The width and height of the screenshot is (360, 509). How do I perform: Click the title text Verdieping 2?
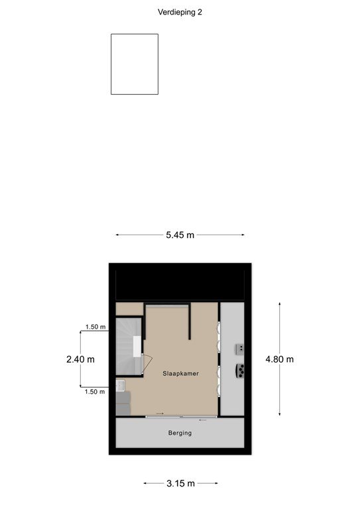(x=180, y=13)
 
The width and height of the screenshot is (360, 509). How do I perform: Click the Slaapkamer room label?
(x=180, y=374)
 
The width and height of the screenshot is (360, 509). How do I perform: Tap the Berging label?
(x=180, y=433)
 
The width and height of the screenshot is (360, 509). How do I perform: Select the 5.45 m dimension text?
(x=180, y=235)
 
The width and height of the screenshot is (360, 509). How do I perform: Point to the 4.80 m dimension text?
(x=280, y=359)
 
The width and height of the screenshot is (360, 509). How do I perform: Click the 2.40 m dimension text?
(x=80, y=359)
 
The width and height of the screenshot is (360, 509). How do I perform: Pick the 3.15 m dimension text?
(x=180, y=483)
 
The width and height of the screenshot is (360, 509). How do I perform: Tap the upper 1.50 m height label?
(x=95, y=327)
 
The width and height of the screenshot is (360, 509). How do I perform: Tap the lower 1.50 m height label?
(x=95, y=392)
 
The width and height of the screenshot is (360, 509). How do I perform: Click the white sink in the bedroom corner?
(x=120, y=385)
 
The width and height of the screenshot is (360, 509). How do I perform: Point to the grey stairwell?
(x=129, y=347)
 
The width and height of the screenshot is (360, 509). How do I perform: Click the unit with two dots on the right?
(x=240, y=349)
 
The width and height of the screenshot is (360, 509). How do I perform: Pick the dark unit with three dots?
(x=240, y=370)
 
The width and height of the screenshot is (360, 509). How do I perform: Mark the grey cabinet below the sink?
(x=123, y=403)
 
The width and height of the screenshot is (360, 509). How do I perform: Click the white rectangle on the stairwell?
(x=137, y=347)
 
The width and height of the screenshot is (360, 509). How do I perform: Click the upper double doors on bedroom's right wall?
(x=219, y=337)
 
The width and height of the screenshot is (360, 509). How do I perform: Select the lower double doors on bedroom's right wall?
(x=219, y=382)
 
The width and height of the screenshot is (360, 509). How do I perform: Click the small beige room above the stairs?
(x=129, y=309)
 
